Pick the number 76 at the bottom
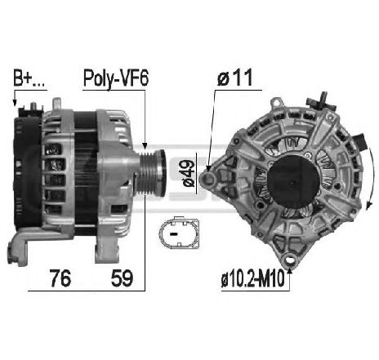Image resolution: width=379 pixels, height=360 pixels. point(58,278)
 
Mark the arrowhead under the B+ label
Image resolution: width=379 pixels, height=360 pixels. point(15,104)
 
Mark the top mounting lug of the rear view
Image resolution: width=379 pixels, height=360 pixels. point(278,107)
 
